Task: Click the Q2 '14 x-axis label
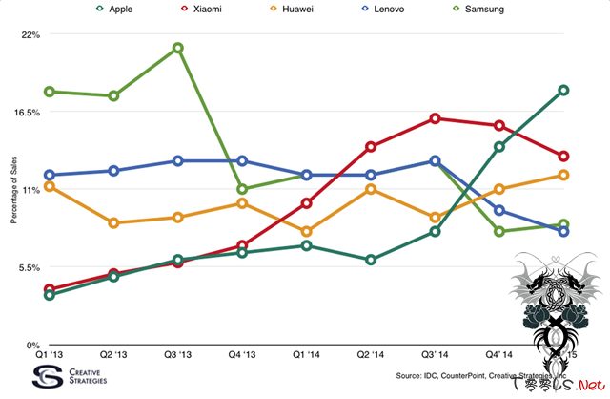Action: coord(371,354)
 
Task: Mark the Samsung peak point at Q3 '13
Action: coord(178,48)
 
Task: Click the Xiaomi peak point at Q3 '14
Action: coord(435,118)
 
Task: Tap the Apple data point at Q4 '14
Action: coord(498,147)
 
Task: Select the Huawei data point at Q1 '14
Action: coord(306,232)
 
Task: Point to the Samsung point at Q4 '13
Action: coord(242,189)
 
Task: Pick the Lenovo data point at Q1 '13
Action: coord(50,176)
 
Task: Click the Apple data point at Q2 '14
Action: coord(371,260)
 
